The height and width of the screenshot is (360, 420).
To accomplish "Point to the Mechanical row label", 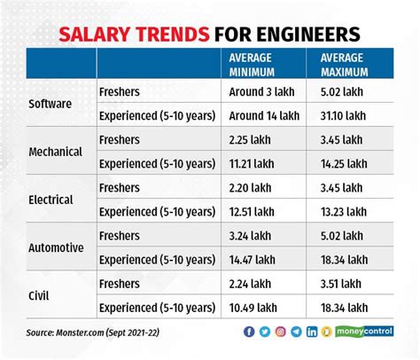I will coord(55,151).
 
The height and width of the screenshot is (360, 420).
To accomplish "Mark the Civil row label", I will coord(42,297).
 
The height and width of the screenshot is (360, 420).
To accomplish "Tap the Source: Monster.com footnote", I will coord(93,333).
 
